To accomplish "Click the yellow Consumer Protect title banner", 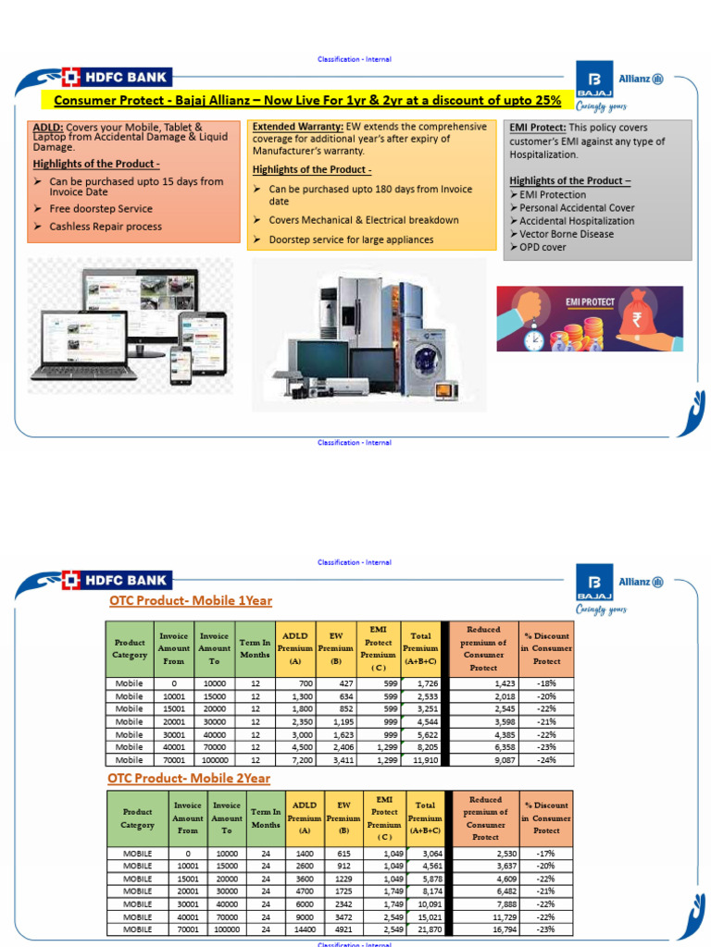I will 306,100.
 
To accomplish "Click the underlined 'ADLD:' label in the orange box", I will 48,127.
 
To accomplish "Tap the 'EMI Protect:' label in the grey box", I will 538,128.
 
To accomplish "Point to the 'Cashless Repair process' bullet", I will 105,227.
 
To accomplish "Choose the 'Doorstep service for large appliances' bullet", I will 350,240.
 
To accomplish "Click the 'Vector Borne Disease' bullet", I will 566,234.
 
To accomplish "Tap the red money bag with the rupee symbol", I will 638,317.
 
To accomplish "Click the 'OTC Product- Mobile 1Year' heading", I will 190,601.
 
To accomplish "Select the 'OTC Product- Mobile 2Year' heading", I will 190,779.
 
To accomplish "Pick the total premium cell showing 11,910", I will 423,759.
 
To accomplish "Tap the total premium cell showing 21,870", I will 423,929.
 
